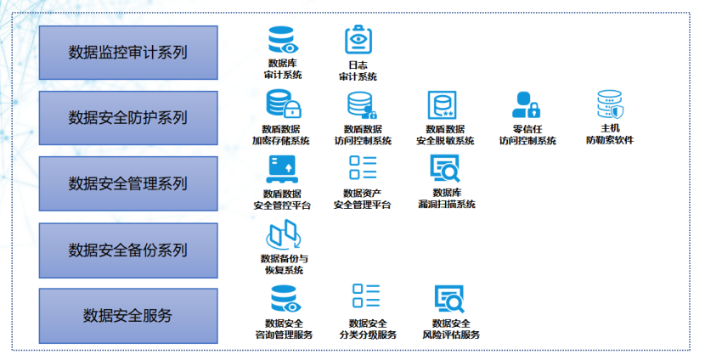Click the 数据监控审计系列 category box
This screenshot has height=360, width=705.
pyautogui.click(x=128, y=53)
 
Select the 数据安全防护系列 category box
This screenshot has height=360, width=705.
pyautogui.click(x=128, y=118)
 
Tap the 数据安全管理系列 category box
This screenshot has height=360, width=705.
pyautogui.click(x=128, y=183)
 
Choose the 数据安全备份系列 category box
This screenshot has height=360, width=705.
pyautogui.click(x=128, y=250)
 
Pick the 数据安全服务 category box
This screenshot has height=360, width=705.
pyautogui.click(x=128, y=316)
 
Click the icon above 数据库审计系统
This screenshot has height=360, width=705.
pyautogui.click(x=283, y=40)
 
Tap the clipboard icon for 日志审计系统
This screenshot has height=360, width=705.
pyautogui.click(x=358, y=41)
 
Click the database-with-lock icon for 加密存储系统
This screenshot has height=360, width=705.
pyautogui.click(x=283, y=104)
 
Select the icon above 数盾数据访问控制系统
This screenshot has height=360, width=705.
pyautogui.click(x=362, y=105)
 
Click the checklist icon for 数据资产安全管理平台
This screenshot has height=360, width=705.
pyautogui.click(x=363, y=168)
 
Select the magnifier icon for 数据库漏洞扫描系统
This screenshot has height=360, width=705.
pyautogui.click(x=445, y=169)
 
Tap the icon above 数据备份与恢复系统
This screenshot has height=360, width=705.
pyautogui.click(x=283, y=234)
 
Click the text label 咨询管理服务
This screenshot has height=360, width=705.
pyautogui.click(x=284, y=335)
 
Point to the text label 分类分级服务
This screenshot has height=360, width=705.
pyautogui.click(x=368, y=335)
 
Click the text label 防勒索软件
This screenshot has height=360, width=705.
pyautogui.click(x=609, y=140)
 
